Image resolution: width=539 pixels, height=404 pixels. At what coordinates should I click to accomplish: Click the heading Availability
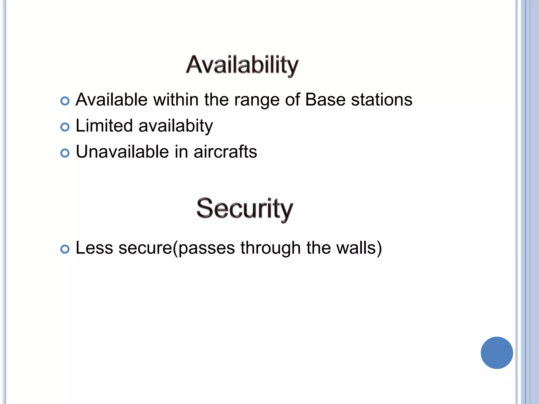[242, 65]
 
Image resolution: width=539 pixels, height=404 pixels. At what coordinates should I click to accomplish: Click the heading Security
[244, 209]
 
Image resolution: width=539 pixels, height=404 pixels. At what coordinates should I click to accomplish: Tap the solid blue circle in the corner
[497, 352]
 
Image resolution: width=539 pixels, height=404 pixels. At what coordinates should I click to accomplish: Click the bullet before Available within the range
[65, 101]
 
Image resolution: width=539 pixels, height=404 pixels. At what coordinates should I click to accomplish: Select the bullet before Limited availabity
[65, 127]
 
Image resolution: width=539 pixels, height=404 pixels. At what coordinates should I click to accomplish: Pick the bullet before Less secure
[65, 249]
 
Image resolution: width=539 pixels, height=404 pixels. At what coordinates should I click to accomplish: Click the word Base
[325, 100]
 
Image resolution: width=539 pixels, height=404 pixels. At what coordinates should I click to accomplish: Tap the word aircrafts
[225, 152]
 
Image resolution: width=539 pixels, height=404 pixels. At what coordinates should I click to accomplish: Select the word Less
[94, 248]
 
